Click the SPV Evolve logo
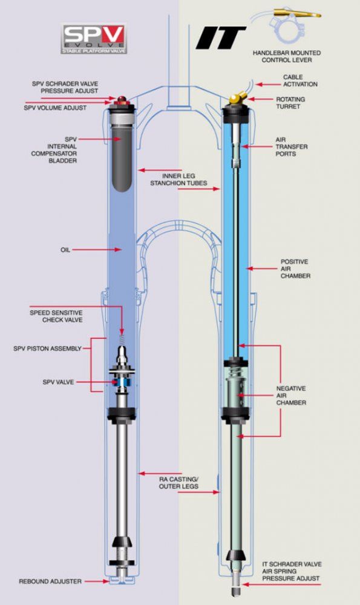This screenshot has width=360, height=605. click(x=94, y=38)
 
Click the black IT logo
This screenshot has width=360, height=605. click(x=221, y=38)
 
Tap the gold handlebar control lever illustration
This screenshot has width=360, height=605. click(x=296, y=15)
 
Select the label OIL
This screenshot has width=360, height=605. click(x=65, y=250)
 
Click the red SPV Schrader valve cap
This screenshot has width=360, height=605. click(x=122, y=100)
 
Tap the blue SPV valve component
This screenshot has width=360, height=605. click(x=122, y=382)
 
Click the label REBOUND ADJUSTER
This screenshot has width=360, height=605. click(x=50, y=581)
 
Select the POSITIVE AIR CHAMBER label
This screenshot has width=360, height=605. click(x=295, y=269)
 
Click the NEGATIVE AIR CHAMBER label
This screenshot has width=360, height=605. click(x=291, y=396)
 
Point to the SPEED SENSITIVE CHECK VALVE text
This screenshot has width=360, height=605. click(x=56, y=316)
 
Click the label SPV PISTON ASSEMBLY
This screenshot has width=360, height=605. click(x=47, y=348)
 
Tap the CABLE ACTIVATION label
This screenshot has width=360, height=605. click(x=300, y=80)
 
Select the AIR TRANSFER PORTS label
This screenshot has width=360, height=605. click(x=291, y=146)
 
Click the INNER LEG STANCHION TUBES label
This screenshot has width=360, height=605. click(x=178, y=180)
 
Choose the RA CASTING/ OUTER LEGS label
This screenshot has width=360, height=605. click(x=178, y=483)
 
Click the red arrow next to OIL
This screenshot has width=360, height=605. click(x=97, y=250)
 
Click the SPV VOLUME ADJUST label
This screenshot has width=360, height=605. click(x=55, y=108)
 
